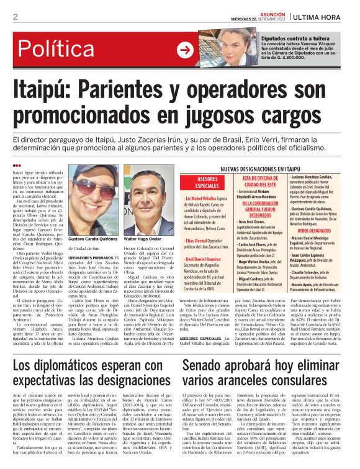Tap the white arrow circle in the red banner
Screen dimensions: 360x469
pyautogui.click(x=185, y=50)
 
